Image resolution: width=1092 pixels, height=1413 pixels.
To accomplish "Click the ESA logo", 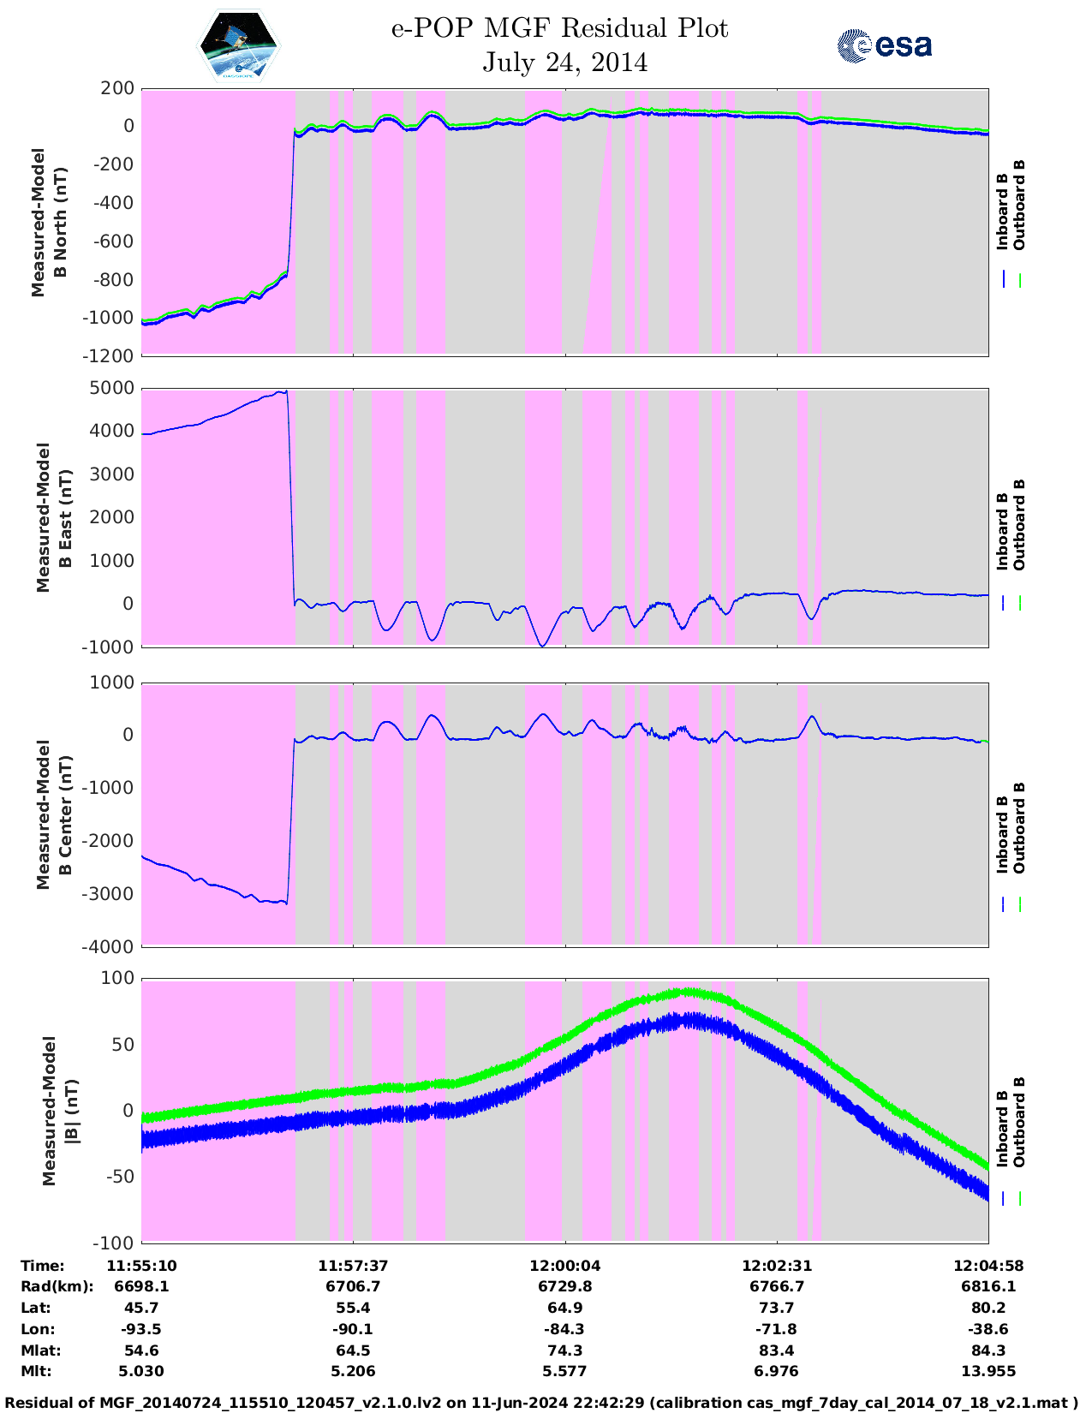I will point(885,45).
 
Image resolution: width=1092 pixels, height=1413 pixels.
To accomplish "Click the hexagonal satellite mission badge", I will point(239,46).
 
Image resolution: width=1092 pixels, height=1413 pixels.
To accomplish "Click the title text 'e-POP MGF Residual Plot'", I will point(559,29).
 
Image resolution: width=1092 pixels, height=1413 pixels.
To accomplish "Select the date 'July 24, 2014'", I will point(564,63).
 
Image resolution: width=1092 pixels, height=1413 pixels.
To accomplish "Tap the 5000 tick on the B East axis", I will point(111,388).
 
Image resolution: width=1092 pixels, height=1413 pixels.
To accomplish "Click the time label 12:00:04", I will point(564,1265).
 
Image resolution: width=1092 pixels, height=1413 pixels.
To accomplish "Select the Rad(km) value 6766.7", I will point(776,1286).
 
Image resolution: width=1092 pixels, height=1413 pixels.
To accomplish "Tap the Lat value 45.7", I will point(141,1308).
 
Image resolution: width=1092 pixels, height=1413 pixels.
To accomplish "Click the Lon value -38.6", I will point(988,1329).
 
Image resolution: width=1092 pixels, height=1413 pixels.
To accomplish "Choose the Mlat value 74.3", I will point(564,1350).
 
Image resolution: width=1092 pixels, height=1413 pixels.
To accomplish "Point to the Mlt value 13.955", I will point(988,1371).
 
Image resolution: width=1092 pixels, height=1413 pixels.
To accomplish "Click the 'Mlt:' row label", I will point(36,1371).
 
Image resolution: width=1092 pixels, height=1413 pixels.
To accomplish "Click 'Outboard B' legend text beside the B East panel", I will point(1019,524).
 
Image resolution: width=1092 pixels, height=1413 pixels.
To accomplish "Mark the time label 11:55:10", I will point(141,1265).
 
